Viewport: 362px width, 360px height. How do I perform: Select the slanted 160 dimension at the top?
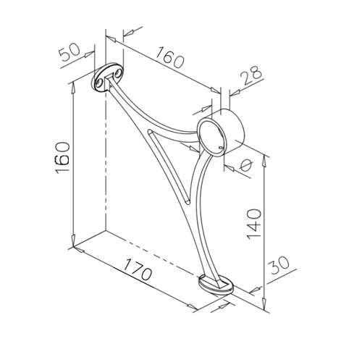169,57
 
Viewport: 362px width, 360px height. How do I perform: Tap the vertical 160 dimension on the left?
62,157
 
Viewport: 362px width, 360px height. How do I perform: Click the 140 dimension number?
254,224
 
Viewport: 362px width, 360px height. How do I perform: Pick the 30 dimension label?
280,265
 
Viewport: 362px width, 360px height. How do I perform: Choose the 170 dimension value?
138,269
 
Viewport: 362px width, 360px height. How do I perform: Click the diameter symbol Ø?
246,166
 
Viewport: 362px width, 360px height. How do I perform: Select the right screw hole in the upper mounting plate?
118,74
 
